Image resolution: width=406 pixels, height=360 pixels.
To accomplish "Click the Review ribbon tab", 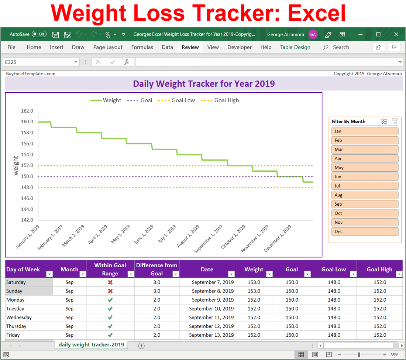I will pyautogui.click(x=190, y=47).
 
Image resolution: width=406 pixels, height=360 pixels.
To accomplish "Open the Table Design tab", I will pyautogui.click(x=295, y=47).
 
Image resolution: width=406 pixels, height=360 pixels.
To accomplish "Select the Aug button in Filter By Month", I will pyautogui.click(x=365, y=195).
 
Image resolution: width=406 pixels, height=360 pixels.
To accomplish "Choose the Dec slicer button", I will pyautogui.click(x=365, y=232).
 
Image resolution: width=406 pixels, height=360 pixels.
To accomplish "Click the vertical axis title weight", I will pyautogui.click(x=16, y=165).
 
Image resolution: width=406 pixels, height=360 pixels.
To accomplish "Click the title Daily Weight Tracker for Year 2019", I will pyautogui.click(x=204, y=84).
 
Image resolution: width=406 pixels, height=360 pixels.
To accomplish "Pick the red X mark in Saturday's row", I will pyautogui.click(x=110, y=282).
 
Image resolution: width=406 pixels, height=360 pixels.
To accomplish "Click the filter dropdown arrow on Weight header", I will pyautogui.click(x=269, y=274).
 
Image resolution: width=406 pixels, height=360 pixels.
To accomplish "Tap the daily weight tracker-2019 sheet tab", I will pyautogui.click(x=91, y=345).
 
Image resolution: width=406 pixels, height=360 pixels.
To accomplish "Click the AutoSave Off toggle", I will pyautogui.click(x=39, y=34).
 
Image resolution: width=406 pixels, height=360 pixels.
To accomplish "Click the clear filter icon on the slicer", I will pyautogui.click(x=395, y=121).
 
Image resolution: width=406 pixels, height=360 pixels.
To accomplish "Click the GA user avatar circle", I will pyautogui.click(x=313, y=34).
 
